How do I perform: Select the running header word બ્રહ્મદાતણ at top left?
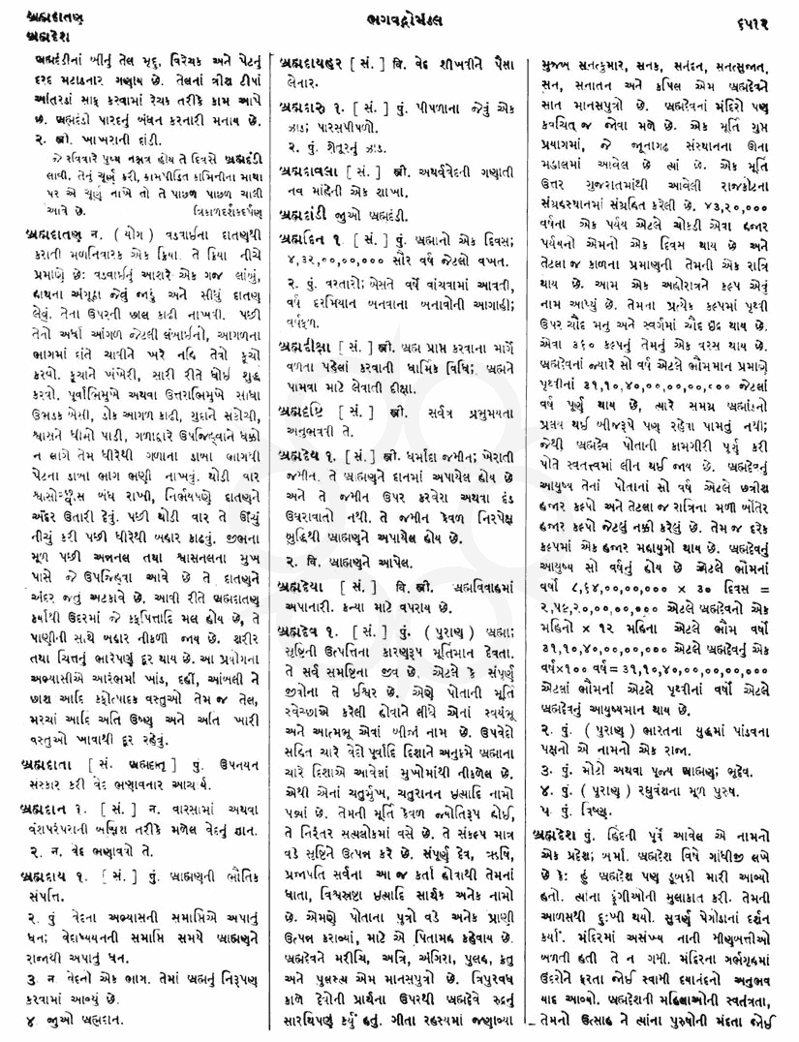(x=35, y=15)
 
